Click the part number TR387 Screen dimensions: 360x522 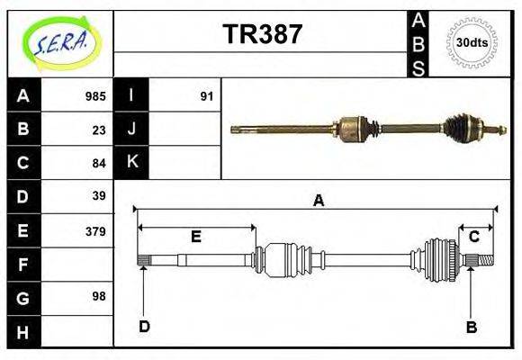click(262, 34)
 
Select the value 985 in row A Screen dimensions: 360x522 click(95, 95)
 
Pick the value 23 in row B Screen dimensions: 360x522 click(99, 129)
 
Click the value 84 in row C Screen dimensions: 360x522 click(99, 163)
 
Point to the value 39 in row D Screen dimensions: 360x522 click(99, 195)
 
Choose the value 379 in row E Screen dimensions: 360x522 click(95, 230)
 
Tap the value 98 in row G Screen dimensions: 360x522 click(99, 295)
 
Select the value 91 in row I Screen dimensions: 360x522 click(206, 95)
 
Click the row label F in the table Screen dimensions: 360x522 click(23, 265)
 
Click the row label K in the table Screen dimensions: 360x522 click(131, 163)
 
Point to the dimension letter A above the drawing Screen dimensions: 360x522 click(318, 201)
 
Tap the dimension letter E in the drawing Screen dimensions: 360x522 click(195, 237)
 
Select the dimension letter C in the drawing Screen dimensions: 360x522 click(473, 237)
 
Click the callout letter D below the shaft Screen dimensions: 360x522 click(144, 327)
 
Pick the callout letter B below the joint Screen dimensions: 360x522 click(471, 327)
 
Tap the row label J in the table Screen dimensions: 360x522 click(131, 129)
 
